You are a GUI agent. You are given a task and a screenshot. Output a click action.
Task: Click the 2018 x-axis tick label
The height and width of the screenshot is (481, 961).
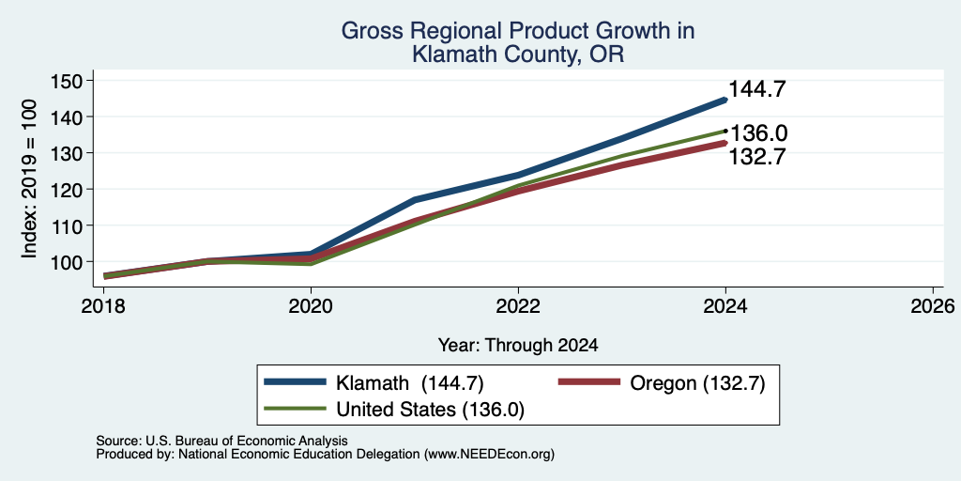(103, 305)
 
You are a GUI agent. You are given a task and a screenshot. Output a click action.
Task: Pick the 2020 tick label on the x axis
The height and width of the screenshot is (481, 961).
(311, 305)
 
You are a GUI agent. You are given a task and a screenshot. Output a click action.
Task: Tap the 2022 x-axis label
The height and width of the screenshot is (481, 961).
(518, 305)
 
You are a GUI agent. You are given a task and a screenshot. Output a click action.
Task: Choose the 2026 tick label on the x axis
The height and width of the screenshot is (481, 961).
(933, 305)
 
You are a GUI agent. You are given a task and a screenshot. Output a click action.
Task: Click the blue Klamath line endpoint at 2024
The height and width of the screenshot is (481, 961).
(725, 100)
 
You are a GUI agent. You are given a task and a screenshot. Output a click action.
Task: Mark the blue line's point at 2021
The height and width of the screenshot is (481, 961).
(415, 199)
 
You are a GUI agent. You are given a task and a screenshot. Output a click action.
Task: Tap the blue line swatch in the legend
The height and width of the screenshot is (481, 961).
(295, 383)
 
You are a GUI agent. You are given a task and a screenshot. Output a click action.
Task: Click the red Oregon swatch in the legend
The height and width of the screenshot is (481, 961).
(589, 383)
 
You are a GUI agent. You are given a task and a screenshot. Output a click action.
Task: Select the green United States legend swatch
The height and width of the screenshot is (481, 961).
(295, 409)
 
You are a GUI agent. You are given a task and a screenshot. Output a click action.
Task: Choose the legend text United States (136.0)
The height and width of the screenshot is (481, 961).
(430, 410)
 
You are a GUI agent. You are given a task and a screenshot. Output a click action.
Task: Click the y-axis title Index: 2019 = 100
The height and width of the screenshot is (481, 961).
(29, 178)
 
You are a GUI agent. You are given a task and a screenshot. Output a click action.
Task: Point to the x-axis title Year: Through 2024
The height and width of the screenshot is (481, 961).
(518, 346)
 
